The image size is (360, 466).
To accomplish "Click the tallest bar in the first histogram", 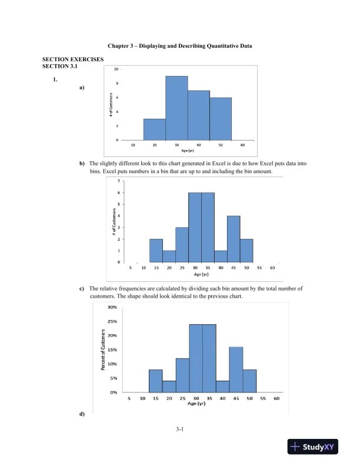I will click(176, 108).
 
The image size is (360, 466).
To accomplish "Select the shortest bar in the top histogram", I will click(154, 129).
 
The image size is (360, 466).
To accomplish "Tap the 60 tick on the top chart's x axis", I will click(244, 145).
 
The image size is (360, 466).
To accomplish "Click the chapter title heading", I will click(180, 46).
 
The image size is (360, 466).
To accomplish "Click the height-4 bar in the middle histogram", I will click(234, 239).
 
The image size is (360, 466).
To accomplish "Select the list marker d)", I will click(81, 414).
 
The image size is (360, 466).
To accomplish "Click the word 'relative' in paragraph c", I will click(111, 289).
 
